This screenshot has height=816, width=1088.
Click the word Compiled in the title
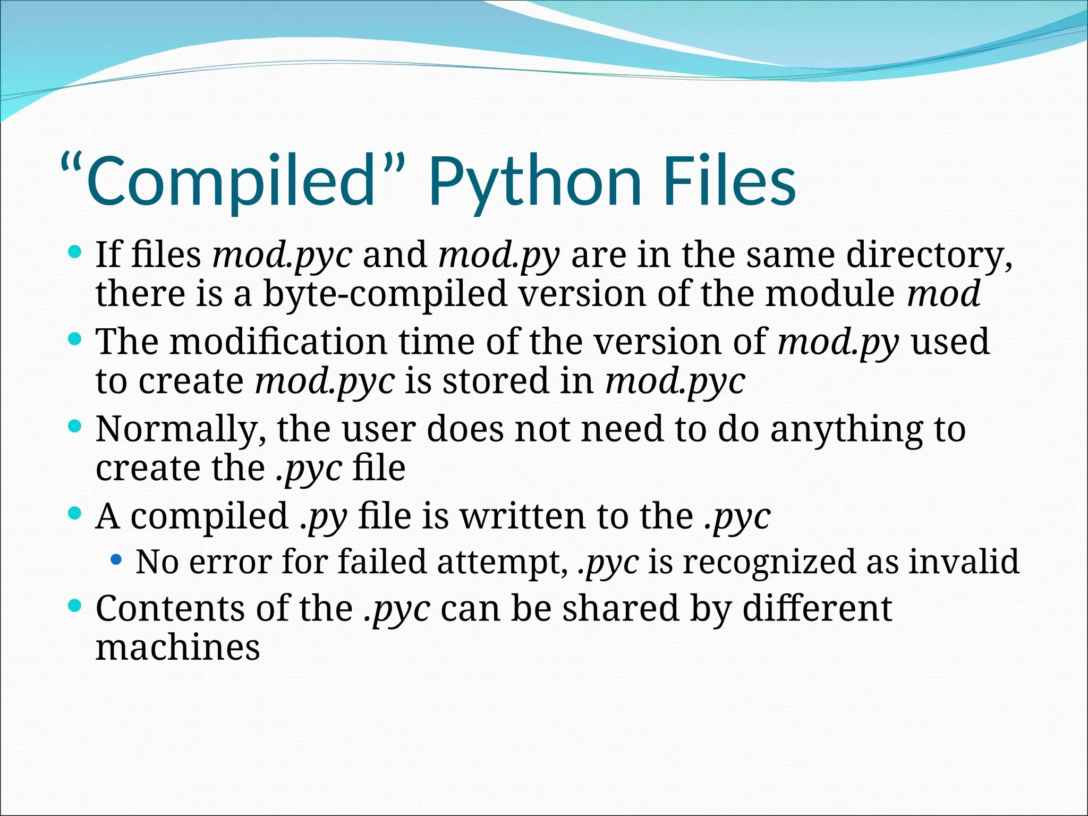231,181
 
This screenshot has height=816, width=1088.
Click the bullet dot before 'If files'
75,250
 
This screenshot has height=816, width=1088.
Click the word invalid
964,562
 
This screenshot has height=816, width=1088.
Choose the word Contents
170,609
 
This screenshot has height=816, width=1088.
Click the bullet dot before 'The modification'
75,337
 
